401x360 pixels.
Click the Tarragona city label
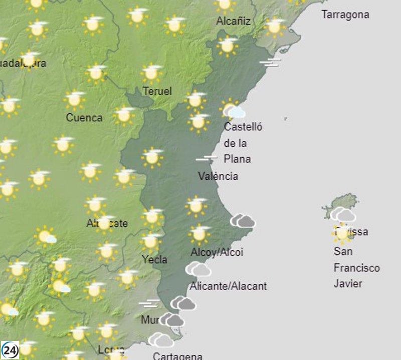[345, 15]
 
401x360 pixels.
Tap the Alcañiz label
[233, 21]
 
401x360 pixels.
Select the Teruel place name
[157, 91]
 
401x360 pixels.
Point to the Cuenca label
[84, 118]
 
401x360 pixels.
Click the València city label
[218, 176]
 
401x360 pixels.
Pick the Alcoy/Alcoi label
[217, 252]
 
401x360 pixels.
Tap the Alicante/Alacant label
[228, 286]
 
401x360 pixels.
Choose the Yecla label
[154, 260]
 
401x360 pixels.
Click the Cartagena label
[177, 356]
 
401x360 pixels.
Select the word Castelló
[243, 127]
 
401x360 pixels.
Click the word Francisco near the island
[356, 268]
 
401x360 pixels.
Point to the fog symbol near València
[207, 159]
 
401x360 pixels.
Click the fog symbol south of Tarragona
[270, 62]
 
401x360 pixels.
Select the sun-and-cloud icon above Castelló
[233, 109]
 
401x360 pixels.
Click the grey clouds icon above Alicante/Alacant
[198, 270]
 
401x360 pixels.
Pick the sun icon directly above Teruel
[152, 73]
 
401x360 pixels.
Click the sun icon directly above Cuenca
[75, 100]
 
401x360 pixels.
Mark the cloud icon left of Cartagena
[161, 340]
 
